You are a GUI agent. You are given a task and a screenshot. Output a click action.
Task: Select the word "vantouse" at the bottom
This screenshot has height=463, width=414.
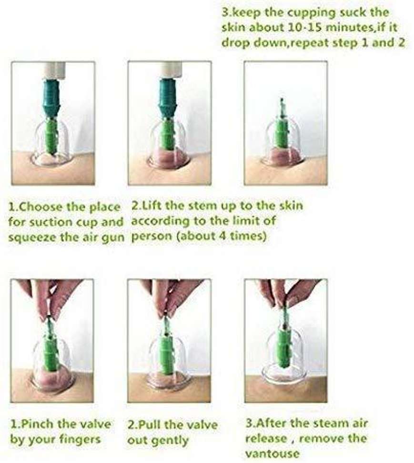[x=272, y=453]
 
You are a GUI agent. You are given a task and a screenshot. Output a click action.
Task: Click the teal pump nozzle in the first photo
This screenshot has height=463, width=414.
[x=51, y=98]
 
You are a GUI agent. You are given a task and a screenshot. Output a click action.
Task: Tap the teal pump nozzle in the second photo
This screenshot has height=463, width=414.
[x=168, y=98]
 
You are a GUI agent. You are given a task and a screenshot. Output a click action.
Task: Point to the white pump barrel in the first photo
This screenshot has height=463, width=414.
[x=54, y=70]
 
